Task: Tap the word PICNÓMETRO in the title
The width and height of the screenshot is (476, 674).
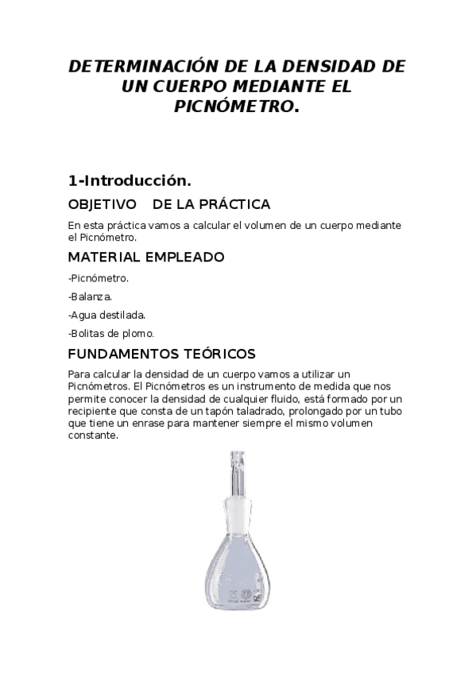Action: pyautogui.click(x=236, y=107)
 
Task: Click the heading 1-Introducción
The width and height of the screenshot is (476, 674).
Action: pyautogui.click(x=130, y=180)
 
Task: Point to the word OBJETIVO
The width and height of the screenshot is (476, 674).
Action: pyautogui.click(x=103, y=204)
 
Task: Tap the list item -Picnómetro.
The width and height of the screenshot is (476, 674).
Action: pyautogui.click(x=99, y=278)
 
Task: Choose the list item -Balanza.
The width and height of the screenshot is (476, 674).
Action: pyautogui.click(x=90, y=296)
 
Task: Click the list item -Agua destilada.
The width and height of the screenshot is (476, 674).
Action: pyautogui.click(x=106, y=315)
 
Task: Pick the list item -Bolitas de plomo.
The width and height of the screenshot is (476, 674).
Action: pyautogui.click(x=111, y=333)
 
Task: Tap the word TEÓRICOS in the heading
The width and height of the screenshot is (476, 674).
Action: pyautogui.click(x=220, y=354)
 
